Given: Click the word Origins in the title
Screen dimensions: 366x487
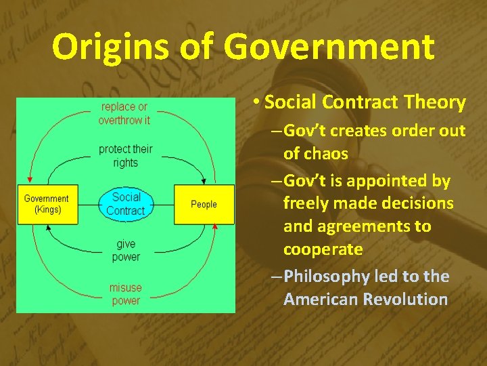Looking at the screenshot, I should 103,47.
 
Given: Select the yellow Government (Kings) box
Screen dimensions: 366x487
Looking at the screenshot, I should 47,204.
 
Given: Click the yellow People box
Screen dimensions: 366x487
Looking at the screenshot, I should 204,204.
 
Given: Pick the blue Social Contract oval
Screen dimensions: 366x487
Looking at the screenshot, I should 126,204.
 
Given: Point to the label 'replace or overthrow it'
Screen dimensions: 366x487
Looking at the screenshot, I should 124,113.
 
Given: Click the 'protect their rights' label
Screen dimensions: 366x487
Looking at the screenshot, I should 125,156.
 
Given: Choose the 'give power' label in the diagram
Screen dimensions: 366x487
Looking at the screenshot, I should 126,250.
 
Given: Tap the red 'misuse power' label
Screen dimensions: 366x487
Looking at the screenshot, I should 126,294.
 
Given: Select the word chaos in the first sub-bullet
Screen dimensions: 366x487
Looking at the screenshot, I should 325,154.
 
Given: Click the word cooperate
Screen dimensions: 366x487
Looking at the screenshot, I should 323,249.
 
